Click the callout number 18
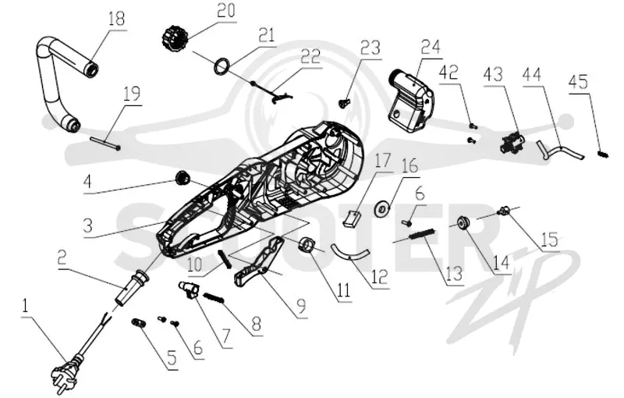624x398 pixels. point(116,19)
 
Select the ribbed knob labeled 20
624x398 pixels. point(174,37)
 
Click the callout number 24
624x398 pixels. point(431,48)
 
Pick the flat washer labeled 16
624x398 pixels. point(383,208)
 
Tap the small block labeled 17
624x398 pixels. point(352,219)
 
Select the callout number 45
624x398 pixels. point(578,83)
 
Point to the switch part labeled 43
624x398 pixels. point(512,142)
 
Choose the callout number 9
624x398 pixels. point(302,307)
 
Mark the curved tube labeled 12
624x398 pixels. point(350,253)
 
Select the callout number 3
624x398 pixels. point(88,226)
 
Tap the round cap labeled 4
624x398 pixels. point(183,177)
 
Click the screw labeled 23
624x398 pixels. point(342,103)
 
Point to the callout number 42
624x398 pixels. point(449,72)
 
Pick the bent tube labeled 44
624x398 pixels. point(560,151)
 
